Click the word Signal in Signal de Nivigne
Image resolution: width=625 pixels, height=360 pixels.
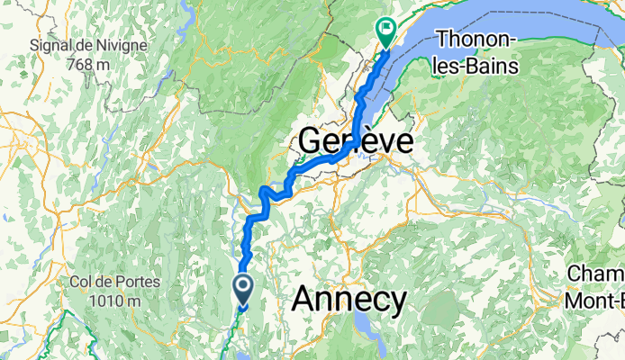pyautogui.click(x=51, y=44)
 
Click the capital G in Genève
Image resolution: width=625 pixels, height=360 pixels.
pyautogui.click(x=311, y=141)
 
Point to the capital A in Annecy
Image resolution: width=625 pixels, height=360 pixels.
pyautogui.click(x=307, y=298)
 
